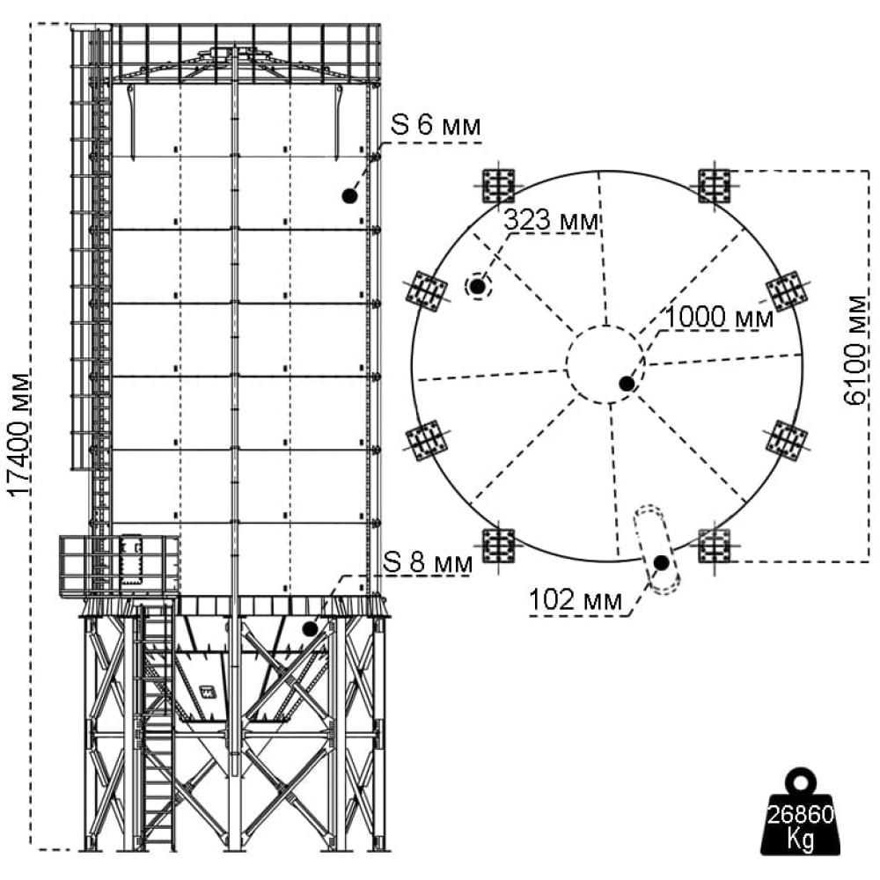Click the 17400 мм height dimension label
pyautogui.click(x=18, y=435)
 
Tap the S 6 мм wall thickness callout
pyautogui.click(x=436, y=125)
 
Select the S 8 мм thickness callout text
pyautogui.click(x=428, y=562)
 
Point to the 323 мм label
pyautogui.click(x=551, y=220)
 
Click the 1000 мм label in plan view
pyautogui.click(x=719, y=318)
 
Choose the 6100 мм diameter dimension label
pyautogui.click(x=855, y=350)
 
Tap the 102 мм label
pyautogui.click(x=576, y=600)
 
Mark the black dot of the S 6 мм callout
pyautogui.click(x=349, y=195)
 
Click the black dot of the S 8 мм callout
pyautogui.click(x=311, y=628)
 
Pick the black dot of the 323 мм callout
pyautogui.click(x=478, y=287)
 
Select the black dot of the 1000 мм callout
pyautogui.click(x=627, y=384)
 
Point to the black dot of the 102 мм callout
pyautogui.click(x=662, y=561)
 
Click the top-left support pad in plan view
pyautogui.click(x=498, y=185)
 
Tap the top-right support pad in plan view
pyautogui.click(x=715, y=185)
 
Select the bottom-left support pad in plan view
pyautogui.click(x=498, y=545)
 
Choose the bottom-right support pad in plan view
pyautogui.click(x=715, y=545)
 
